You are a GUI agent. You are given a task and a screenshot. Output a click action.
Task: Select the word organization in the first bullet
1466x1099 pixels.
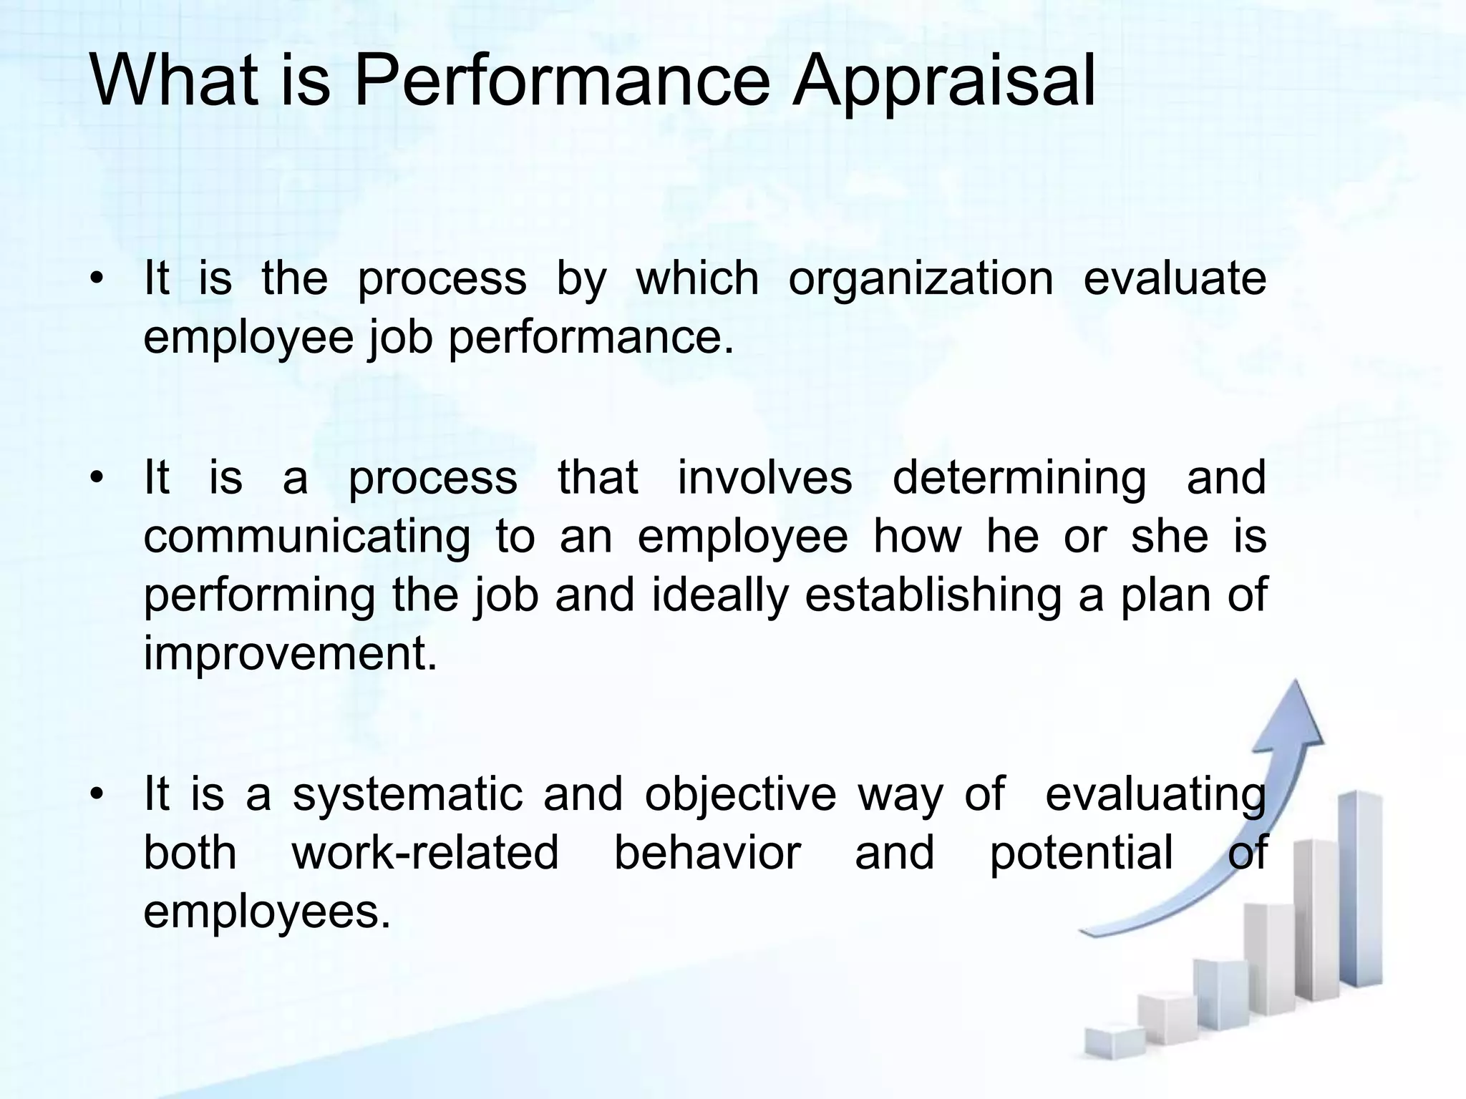(x=921, y=279)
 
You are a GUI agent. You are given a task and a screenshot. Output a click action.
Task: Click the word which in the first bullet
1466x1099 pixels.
(x=697, y=279)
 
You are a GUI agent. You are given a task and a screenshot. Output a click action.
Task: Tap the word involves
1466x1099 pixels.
(x=764, y=478)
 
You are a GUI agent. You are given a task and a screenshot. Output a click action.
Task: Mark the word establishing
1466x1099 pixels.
(x=933, y=595)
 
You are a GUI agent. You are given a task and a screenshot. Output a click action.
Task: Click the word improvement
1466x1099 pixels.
(x=290, y=654)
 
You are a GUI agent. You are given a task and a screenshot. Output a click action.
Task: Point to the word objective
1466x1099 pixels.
(x=740, y=796)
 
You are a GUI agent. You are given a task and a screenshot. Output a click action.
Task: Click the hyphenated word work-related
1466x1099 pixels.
(x=425, y=854)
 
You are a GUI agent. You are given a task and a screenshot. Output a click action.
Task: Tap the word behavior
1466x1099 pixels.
(x=707, y=854)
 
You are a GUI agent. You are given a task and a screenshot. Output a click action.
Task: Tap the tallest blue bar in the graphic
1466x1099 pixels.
(x=1359, y=894)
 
